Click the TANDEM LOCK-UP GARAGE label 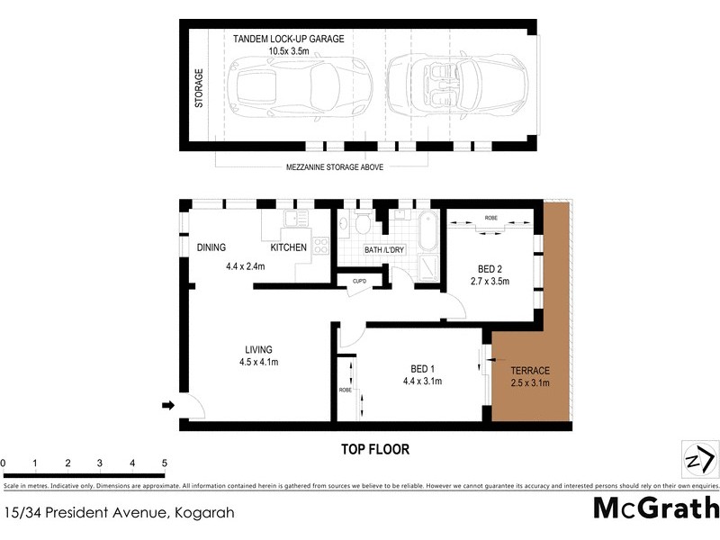pyautogui.click(x=288, y=39)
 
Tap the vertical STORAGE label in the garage pyautogui.click(x=199, y=88)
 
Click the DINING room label pyautogui.click(x=211, y=247)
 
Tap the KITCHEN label pyautogui.click(x=289, y=247)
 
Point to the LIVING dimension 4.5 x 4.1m pyautogui.click(x=258, y=364)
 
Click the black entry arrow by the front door pyautogui.click(x=166, y=407)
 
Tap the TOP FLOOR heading pyautogui.click(x=374, y=447)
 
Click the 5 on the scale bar pyautogui.click(x=164, y=463)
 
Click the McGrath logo pyautogui.click(x=656, y=508)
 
